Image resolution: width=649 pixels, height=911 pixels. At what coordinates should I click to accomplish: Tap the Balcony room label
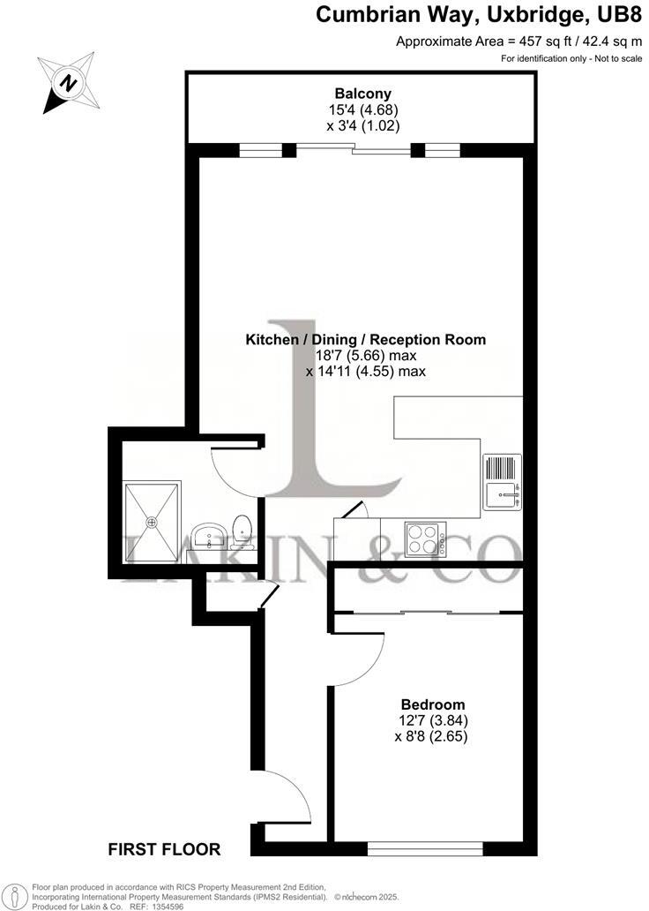[x=362, y=94]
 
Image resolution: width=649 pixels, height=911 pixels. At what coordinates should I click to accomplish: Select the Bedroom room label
[x=432, y=704]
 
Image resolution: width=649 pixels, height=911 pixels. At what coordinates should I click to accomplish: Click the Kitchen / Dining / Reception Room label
[x=365, y=339]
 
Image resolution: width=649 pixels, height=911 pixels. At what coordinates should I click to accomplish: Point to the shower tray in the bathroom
[x=151, y=521]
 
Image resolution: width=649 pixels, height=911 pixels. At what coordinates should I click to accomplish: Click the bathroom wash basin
[x=210, y=535]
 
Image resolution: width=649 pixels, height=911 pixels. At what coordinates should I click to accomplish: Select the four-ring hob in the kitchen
[x=425, y=538]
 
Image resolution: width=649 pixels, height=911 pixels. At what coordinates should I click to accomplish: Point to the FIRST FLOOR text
[x=164, y=850]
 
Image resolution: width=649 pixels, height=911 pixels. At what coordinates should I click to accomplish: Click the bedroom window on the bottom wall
[x=425, y=849]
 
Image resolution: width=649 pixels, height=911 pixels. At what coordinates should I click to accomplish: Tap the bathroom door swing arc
[x=236, y=467]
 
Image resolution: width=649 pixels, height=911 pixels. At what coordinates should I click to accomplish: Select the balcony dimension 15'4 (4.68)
[x=362, y=110]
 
